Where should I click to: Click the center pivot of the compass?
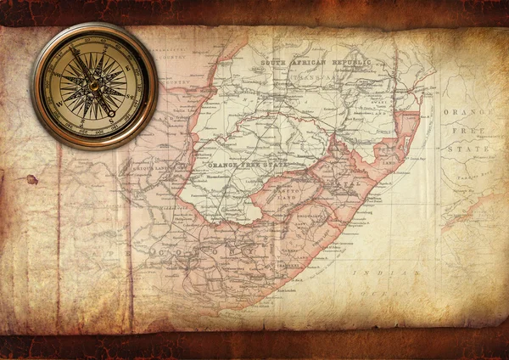click(93, 85)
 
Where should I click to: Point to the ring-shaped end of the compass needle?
click(110, 113)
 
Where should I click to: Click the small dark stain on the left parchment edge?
click(32, 179)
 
